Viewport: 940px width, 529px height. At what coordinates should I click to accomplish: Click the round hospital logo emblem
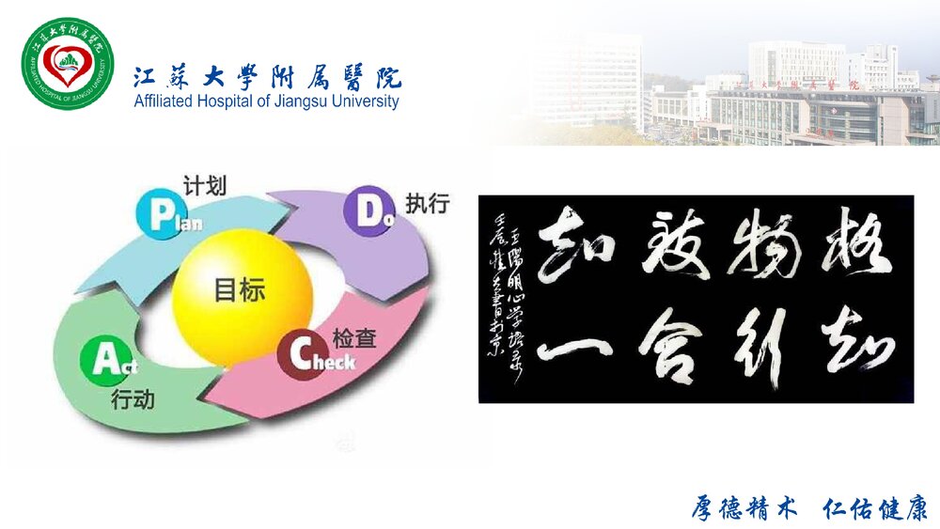(x=67, y=65)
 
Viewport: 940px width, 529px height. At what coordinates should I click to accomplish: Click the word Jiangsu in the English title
(x=284, y=101)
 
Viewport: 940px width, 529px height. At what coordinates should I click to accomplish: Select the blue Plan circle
(x=159, y=213)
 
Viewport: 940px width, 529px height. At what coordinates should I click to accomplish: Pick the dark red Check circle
(x=303, y=356)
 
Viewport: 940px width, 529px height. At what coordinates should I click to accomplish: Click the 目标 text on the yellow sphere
(x=240, y=289)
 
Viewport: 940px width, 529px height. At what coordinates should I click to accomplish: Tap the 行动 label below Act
(x=133, y=400)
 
